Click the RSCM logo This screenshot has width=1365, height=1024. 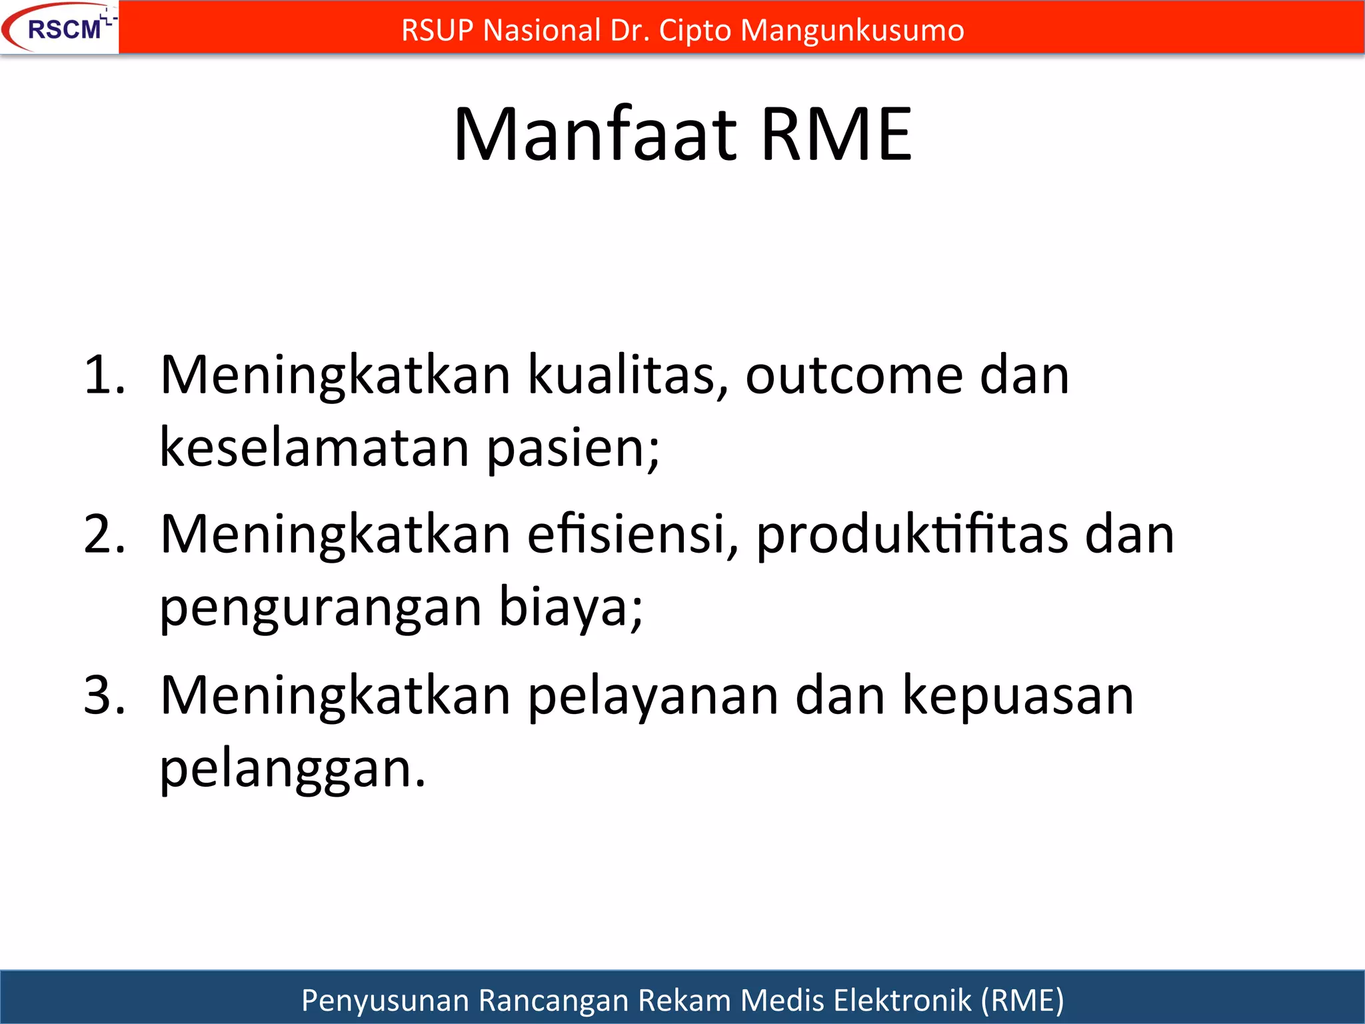click(60, 28)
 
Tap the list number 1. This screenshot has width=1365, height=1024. click(103, 375)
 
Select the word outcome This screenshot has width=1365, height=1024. click(854, 375)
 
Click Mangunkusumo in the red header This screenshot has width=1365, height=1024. click(852, 31)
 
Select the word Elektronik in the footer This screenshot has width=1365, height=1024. click(902, 1001)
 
